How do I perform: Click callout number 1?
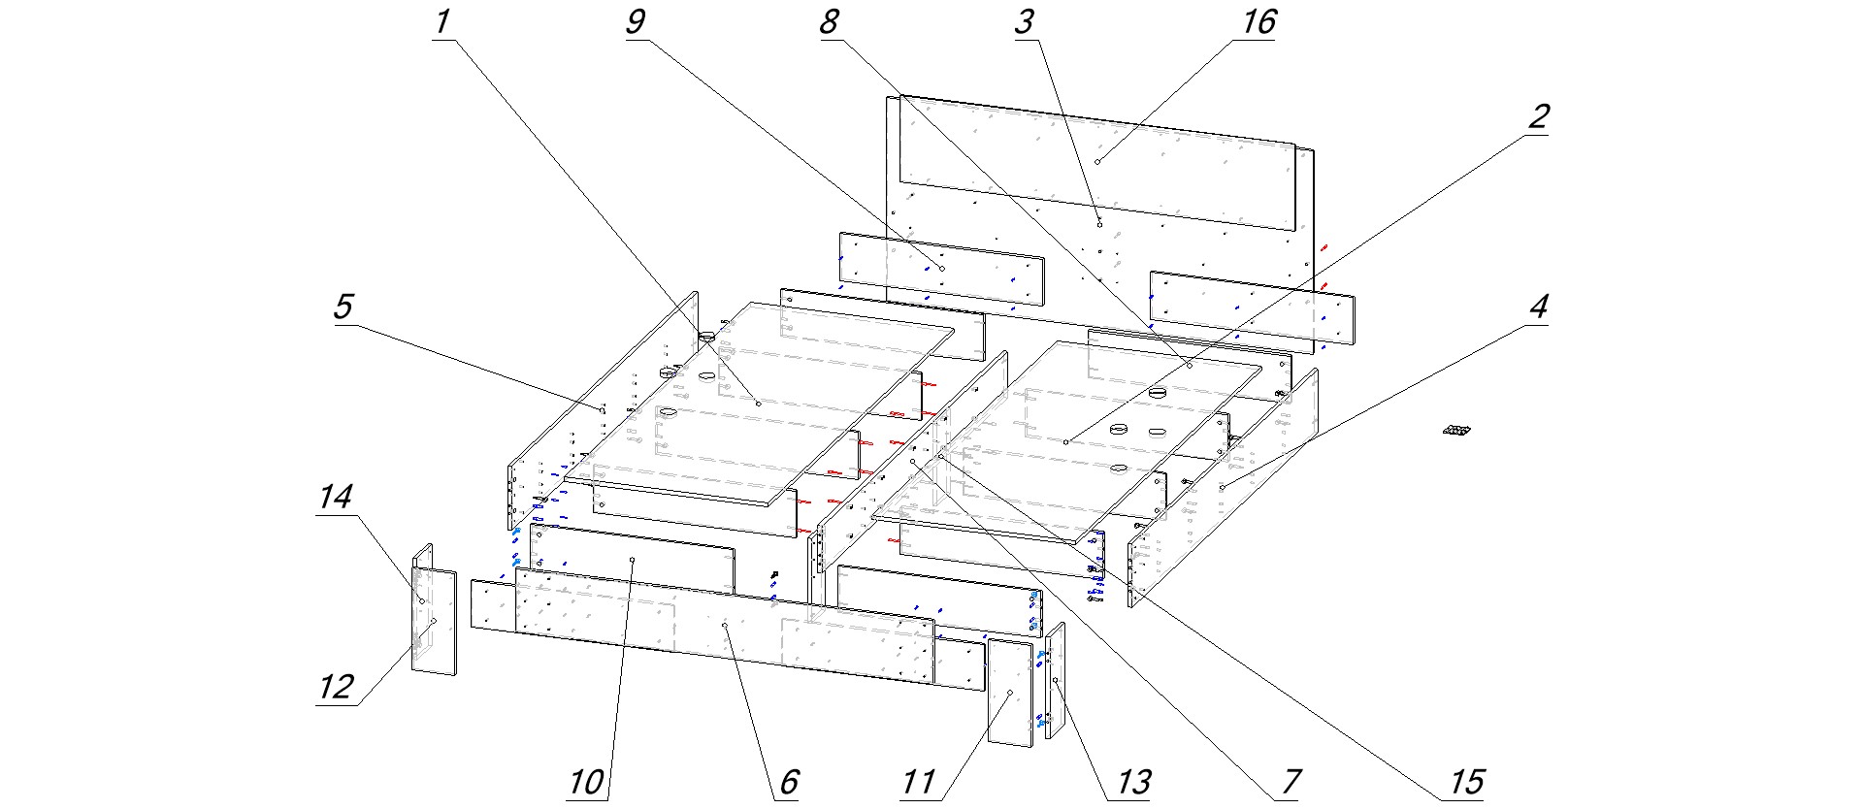442,21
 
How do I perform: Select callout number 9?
636,21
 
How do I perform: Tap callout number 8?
829,21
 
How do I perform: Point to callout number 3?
1024,21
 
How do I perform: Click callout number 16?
1258,21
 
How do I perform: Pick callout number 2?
1538,116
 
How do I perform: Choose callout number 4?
1538,307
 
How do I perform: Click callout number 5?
343,307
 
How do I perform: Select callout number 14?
336,497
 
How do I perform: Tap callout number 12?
336,687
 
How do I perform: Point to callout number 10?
586,782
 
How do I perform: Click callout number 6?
789,782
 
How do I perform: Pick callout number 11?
918,782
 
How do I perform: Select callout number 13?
1133,782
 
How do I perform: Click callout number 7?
1291,782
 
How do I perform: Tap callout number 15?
1466,782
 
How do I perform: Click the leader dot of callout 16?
1097,161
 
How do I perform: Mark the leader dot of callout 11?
1010,693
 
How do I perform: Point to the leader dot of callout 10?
633,560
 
